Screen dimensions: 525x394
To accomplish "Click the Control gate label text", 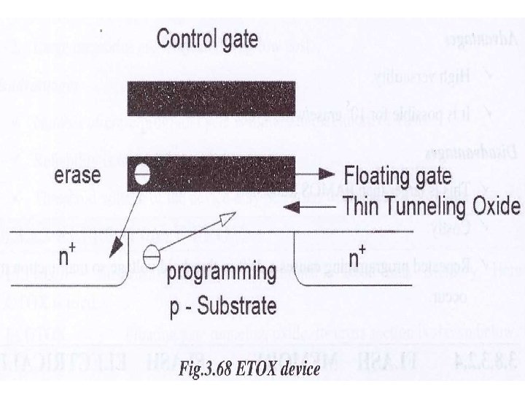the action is click(x=207, y=38).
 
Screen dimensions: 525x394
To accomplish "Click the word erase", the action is click(x=77, y=176).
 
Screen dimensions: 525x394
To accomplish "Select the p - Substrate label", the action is click(x=222, y=304).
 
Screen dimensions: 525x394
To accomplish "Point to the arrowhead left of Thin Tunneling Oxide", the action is click(x=289, y=206).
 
